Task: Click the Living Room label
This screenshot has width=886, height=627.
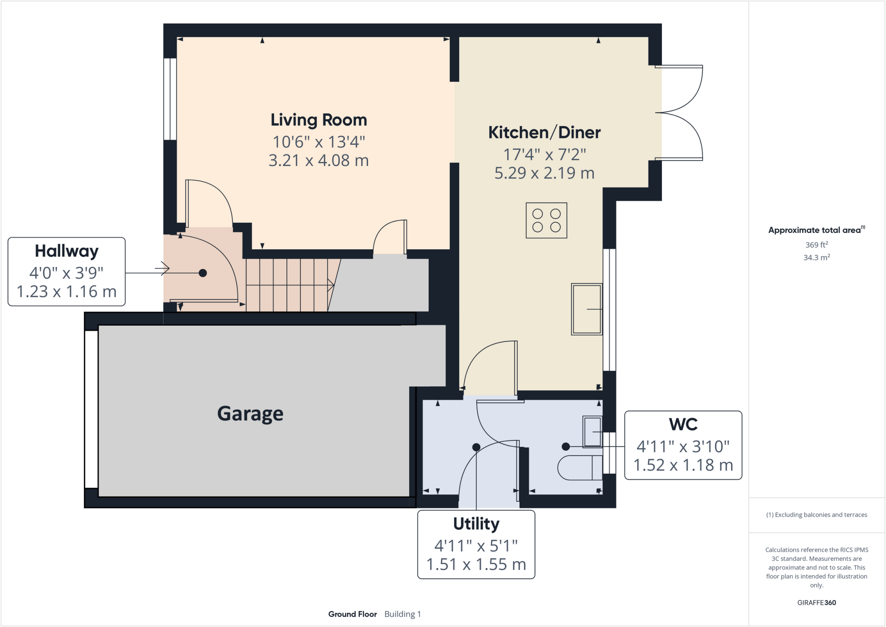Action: click(x=318, y=120)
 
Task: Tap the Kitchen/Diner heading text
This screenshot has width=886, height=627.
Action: click(x=544, y=132)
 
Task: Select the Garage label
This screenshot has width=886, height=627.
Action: click(x=250, y=414)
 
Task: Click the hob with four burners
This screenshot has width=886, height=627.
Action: click(x=546, y=220)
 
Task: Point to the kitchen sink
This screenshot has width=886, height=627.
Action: click(x=587, y=309)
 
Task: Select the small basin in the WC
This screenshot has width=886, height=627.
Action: click(x=592, y=431)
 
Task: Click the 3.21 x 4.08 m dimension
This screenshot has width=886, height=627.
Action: click(x=318, y=161)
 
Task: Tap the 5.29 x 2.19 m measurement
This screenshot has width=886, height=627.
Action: click(x=544, y=173)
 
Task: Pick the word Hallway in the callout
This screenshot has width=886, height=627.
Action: click(x=67, y=251)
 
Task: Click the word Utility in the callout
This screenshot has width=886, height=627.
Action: click(x=476, y=524)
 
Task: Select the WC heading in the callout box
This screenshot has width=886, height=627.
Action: click(x=683, y=424)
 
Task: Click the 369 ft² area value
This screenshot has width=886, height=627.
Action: click(x=816, y=245)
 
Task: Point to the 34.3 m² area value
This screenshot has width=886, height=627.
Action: click(x=816, y=257)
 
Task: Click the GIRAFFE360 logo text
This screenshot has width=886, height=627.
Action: click(x=816, y=602)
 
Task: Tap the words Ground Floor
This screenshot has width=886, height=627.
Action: click(x=352, y=614)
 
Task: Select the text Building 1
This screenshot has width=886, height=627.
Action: click(x=402, y=614)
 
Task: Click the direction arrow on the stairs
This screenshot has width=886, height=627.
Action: click(x=331, y=286)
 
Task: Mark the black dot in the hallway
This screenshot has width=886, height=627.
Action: click(x=202, y=273)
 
